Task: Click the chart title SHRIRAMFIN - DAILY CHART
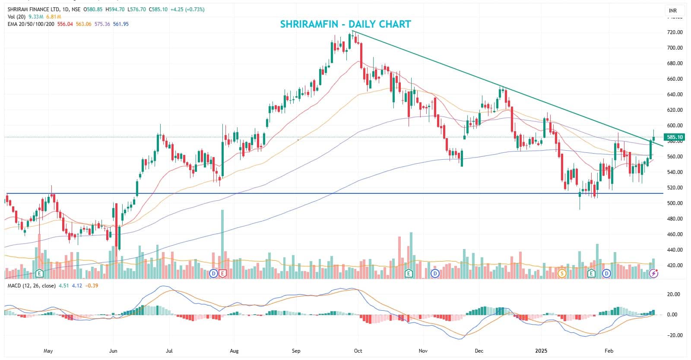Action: (x=345, y=24)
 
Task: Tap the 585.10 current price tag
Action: (x=675, y=137)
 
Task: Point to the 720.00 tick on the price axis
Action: (x=675, y=32)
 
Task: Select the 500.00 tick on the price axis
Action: (x=675, y=203)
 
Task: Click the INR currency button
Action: (x=673, y=10)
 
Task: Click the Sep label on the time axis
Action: (x=296, y=351)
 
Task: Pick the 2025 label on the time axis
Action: (x=541, y=351)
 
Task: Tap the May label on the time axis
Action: (x=48, y=351)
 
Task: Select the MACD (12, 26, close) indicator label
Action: (x=31, y=286)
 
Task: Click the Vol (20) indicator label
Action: (x=16, y=17)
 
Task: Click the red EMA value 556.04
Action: (x=65, y=24)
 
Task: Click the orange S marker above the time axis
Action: (x=561, y=273)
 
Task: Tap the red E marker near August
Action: (x=223, y=273)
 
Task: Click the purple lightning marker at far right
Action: (x=654, y=273)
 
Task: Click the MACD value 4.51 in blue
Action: (x=63, y=286)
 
